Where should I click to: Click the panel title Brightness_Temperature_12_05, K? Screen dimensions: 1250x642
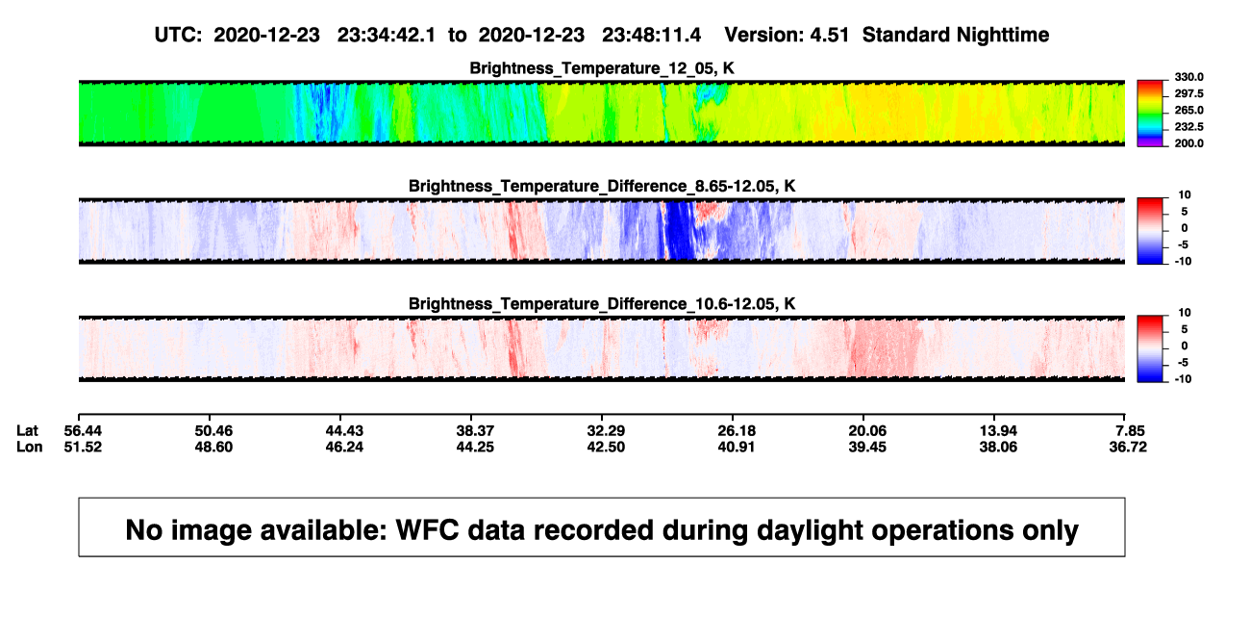click(602, 68)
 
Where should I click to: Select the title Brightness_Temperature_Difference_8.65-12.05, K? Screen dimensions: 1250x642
click(602, 186)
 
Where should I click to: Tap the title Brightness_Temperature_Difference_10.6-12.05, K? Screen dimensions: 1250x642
click(602, 304)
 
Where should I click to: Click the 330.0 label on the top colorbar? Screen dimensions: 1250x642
click(1188, 77)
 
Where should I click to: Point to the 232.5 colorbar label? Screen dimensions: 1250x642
click(1188, 127)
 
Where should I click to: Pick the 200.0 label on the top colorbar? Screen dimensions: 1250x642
click(1188, 143)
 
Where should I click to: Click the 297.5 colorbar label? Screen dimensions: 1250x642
click(1188, 94)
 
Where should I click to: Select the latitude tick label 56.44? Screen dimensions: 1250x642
click(83, 431)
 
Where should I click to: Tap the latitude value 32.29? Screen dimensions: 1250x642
click(606, 431)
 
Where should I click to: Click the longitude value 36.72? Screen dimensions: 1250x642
click(1128, 447)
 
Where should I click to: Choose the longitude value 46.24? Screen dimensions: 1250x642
click(344, 447)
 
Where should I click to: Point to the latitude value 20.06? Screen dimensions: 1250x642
click(867, 431)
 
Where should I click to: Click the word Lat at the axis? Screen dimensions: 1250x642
click(27, 431)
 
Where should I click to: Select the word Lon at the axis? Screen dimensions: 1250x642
click(30, 447)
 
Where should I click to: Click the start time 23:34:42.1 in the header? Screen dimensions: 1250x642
click(387, 36)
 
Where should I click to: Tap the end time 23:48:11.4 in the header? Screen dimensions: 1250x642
click(651, 36)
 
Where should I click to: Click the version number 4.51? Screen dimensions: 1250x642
click(829, 36)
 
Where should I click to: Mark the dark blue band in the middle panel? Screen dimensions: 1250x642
click(680, 230)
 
